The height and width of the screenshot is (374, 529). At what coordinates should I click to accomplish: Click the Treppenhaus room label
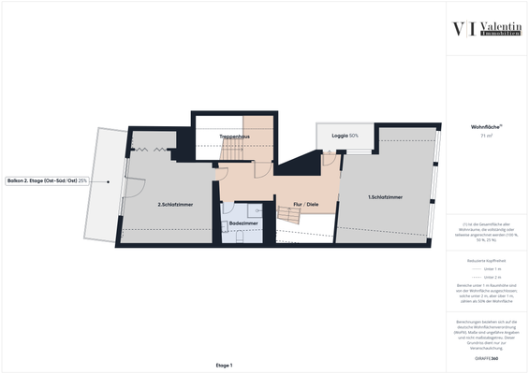[x=235, y=137]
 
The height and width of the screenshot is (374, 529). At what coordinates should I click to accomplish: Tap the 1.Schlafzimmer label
[x=385, y=197]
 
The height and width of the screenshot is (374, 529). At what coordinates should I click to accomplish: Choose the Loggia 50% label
[x=345, y=136]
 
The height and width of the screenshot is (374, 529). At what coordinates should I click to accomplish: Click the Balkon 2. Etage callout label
[x=48, y=181]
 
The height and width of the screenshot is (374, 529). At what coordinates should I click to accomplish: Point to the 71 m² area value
[x=484, y=136]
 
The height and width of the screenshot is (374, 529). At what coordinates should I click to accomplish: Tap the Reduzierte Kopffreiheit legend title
[x=484, y=259]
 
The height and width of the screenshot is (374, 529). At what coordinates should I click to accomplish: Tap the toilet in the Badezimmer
[x=238, y=237]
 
